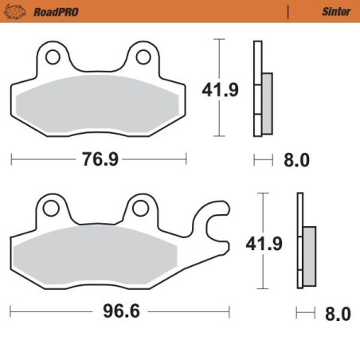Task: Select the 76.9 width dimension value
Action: pyautogui.click(x=100, y=159)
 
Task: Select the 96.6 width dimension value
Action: pyautogui.click(x=122, y=311)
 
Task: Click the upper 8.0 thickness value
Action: pyautogui.click(x=296, y=160)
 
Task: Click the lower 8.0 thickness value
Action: pyautogui.click(x=338, y=313)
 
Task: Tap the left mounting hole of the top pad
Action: pyautogui.click(x=53, y=57)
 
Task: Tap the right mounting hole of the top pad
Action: pyautogui.click(x=144, y=57)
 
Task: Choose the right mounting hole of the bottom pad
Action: pyautogui.click(x=142, y=209)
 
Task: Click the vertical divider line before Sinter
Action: pyautogui.click(x=287, y=12)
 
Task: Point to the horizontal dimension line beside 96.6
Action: pyautogui.click(x=48, y=311)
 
